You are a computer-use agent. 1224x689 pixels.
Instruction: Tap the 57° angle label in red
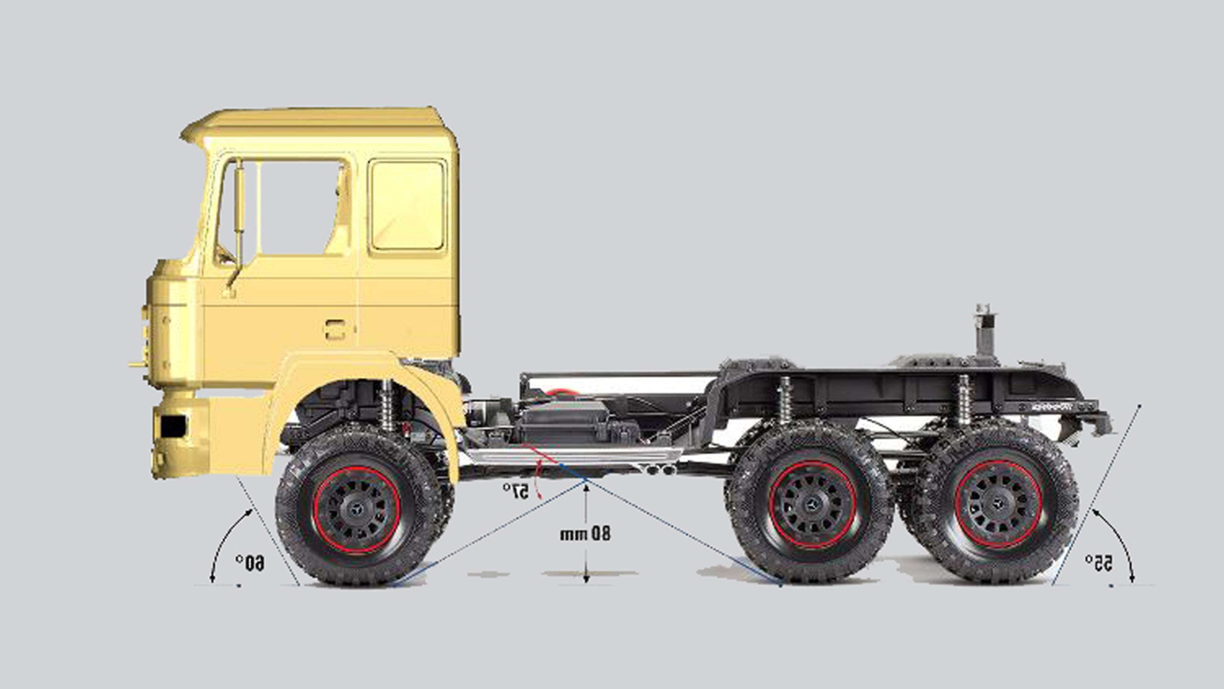516,491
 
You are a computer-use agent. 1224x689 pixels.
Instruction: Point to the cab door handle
335,329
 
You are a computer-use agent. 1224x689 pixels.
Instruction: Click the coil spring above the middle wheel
785,400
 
